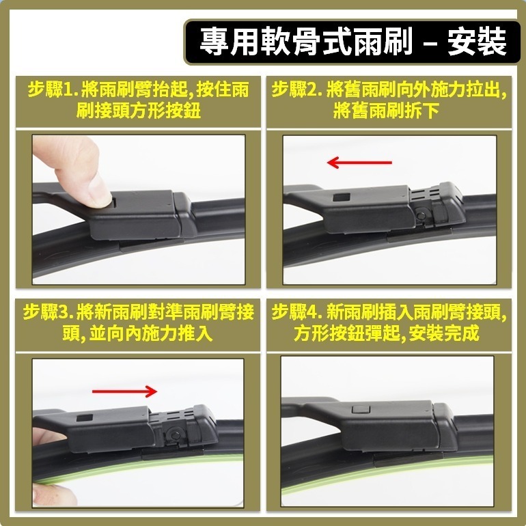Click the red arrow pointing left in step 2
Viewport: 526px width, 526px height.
[x=359, y=163]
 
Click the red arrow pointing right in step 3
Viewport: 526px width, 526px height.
[x=124, y=391]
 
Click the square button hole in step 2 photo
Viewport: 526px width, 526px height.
[x=342, y=197]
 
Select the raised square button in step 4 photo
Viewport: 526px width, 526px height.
[x=361, y=409]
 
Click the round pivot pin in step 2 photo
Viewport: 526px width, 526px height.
[x=421, y=214]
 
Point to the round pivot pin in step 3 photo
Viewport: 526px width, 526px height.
[x=175, y=435]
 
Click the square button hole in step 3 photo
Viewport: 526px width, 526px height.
[x=85, y=417]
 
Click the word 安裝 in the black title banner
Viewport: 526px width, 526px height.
[x=477, y=41]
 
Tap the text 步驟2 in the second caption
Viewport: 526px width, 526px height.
[x=294, y=89]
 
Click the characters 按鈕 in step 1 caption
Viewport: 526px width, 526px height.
[x=184, y=111]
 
